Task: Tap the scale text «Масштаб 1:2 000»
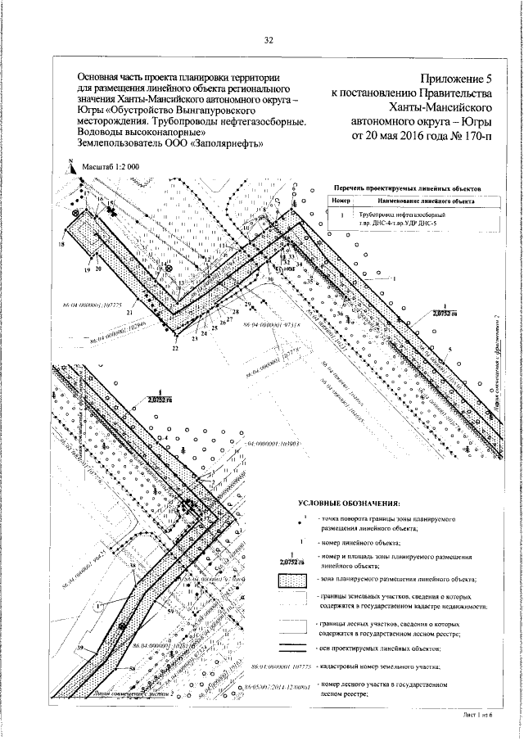(x=111, y=165)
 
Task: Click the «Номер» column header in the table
(x=341, y=200)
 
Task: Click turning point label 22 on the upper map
(x=174, y=349)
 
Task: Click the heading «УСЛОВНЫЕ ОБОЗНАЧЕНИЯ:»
(x=349, y=501)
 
